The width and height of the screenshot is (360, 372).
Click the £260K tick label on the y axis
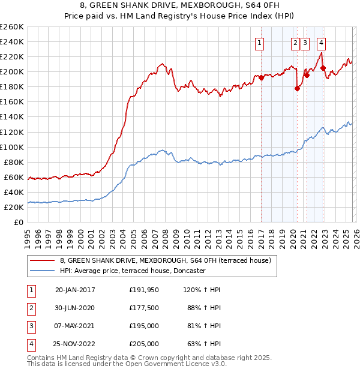[12, 27]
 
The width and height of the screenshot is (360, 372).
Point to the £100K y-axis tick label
[12, 147]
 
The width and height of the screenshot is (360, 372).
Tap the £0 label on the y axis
[19, 222]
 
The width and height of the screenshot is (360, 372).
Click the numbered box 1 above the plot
[259, 43]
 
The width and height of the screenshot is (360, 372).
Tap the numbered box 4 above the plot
[322, 43]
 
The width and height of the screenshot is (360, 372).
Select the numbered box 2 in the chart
[296, 43]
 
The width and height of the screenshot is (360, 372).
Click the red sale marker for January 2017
[262, 77]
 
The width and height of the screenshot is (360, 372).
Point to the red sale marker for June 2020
[298, 88]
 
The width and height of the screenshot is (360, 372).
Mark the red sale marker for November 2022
[323, 68]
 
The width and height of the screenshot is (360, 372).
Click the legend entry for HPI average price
[133, 271]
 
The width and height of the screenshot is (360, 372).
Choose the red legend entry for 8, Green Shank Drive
[166, 260]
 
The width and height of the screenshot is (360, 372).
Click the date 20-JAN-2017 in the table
[75, 290]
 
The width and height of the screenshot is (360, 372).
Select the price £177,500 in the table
[144, 308]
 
